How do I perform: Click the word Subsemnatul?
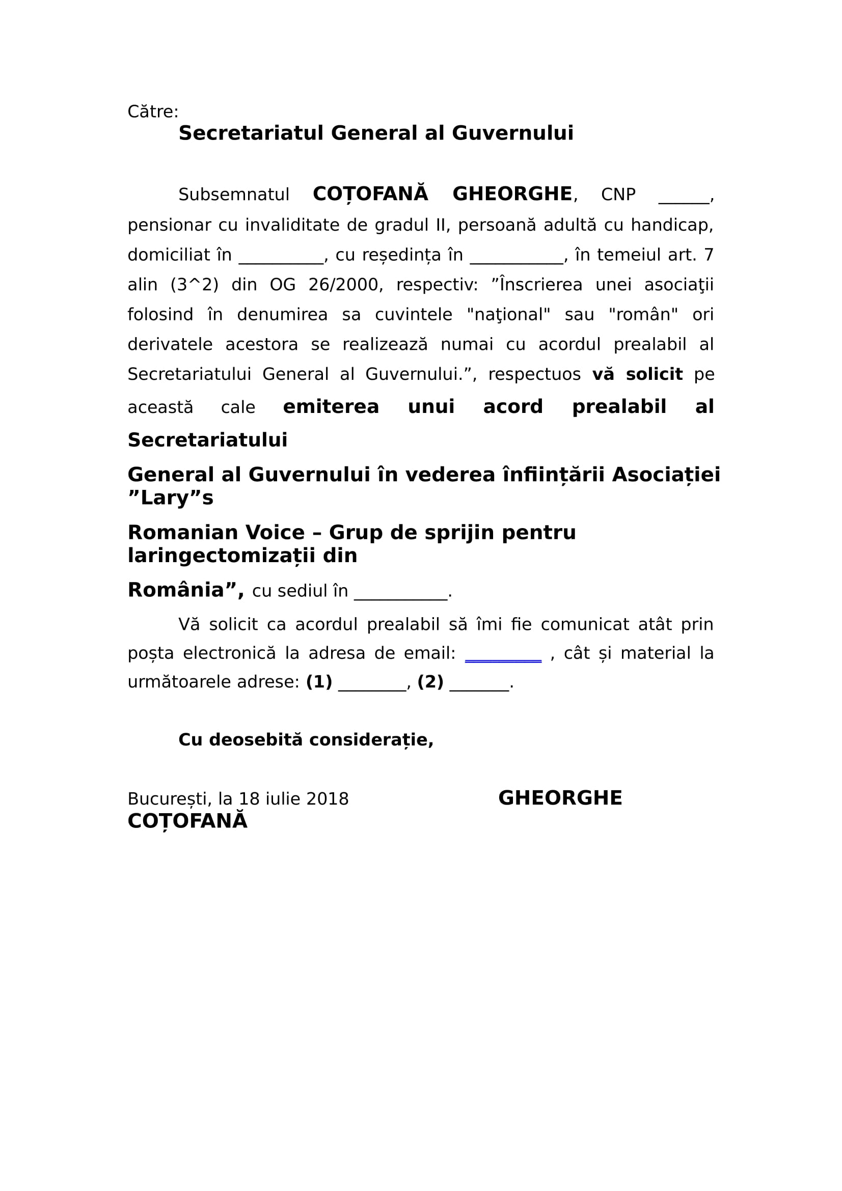(233, 195)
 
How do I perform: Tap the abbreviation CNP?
(618, 195)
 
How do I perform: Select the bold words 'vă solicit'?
(637, 374)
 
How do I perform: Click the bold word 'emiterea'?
(331, 407)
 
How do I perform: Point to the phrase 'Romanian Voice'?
(216, 533)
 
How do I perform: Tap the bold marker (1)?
(319, 682)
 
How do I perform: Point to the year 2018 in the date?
(328, 799)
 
